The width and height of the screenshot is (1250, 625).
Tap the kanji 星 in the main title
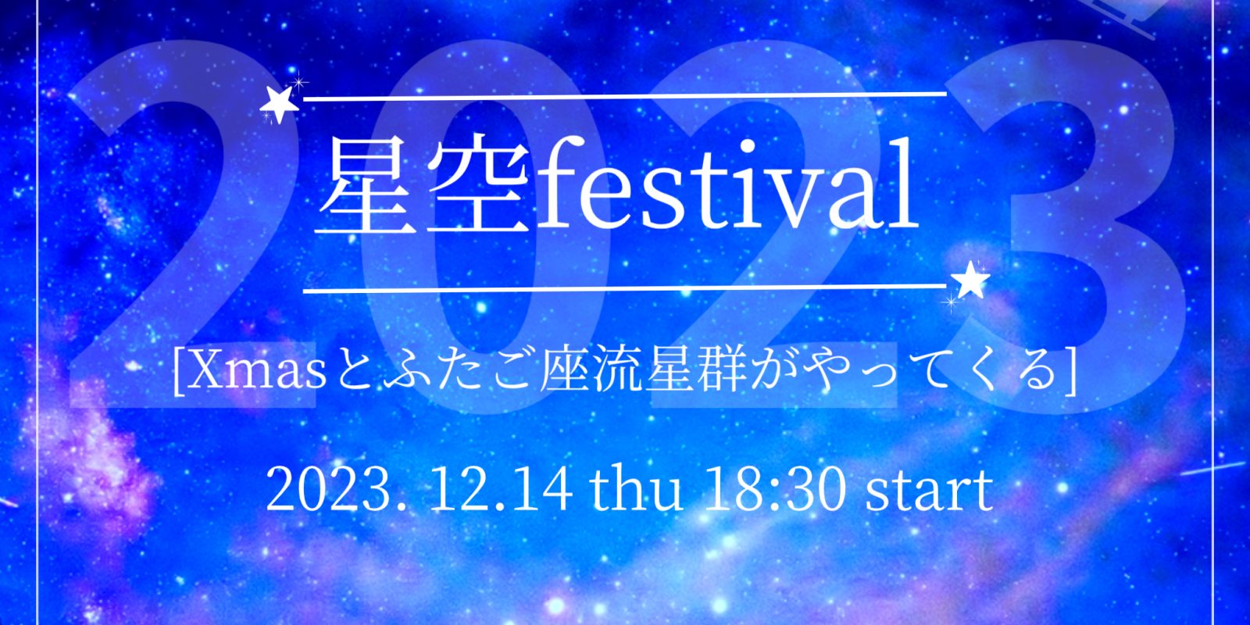[x=366, y=187]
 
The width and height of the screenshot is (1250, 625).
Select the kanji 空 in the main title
[x=477, y=187]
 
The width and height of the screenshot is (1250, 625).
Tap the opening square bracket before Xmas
[x=179, y=374]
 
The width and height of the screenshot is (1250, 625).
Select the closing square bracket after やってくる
[x=1070, y=374]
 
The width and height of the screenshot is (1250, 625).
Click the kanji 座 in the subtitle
[x=563, y=373]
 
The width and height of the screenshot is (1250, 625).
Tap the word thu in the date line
[x=636, y=490]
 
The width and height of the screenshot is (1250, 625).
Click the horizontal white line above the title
[x=625, y=97]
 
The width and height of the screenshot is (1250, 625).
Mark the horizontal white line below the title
[x=625, y=288]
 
